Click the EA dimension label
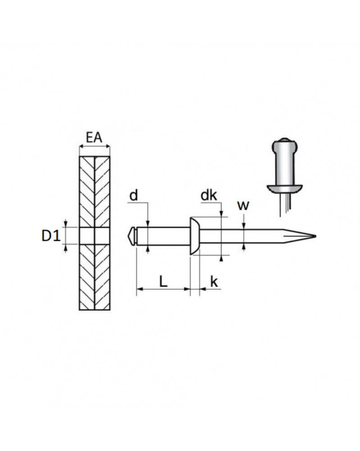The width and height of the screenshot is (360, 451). click(94, 138)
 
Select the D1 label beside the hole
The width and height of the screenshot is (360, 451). click(51, 236)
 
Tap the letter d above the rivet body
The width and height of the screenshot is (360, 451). click(134, 196)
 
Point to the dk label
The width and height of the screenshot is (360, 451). click(209, 196)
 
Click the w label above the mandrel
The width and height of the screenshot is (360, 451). click(243, 206)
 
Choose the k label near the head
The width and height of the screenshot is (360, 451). click(214, 281)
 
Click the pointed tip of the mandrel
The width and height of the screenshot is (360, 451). click(315, 236)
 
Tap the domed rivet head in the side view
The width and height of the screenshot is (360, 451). click(195, 236)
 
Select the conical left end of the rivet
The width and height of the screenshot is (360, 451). click(132, 236)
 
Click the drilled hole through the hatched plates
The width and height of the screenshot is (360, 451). click(95, 236)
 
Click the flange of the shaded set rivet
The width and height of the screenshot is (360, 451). click(284, 189)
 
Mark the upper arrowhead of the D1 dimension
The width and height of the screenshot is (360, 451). click(65, 224)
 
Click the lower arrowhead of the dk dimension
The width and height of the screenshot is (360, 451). click(221, 258)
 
